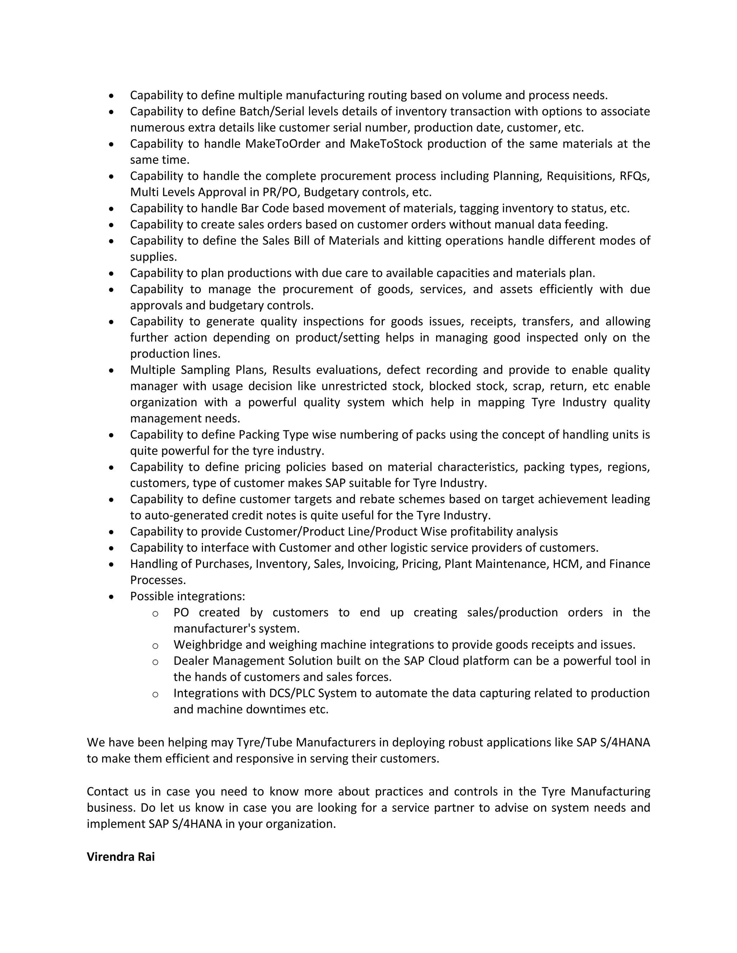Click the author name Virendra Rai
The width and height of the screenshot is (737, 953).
pos(121,857)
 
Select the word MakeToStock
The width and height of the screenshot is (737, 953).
pos(386,143)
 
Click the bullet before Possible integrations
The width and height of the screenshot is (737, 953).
pos(112,597)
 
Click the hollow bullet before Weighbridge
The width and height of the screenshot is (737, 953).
pos(155,646)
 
